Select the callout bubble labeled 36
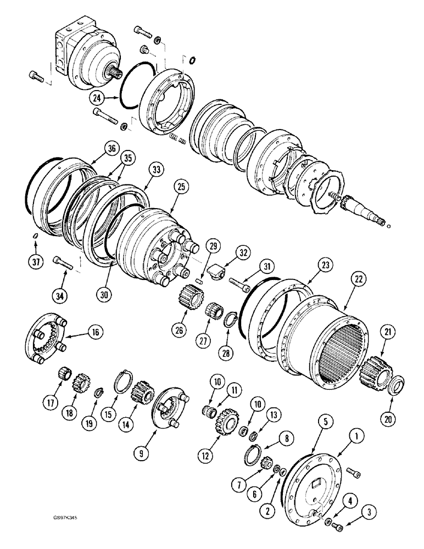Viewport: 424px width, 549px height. point(113,148)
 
